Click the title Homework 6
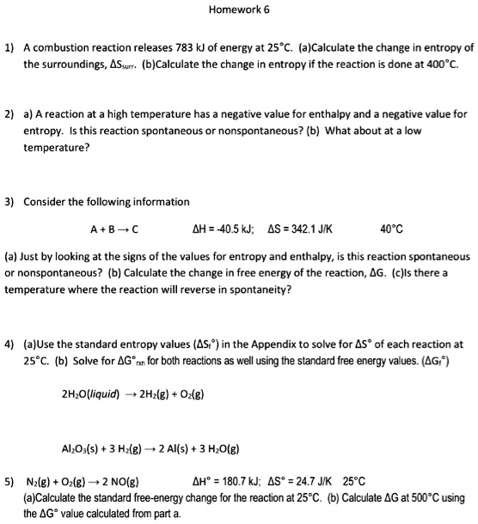tap(238, 10)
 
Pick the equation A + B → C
tap(113, 228)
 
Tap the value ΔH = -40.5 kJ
tap(224, 228)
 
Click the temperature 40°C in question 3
tap(390, 228)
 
